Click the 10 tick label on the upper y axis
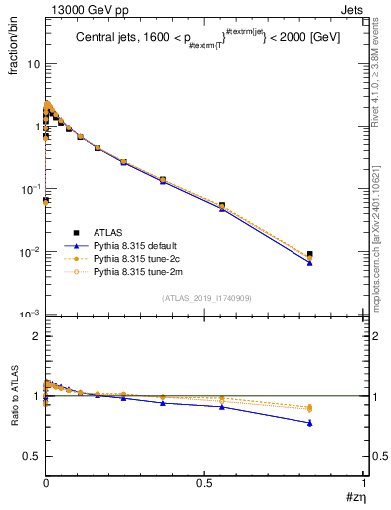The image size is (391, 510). click(x=33, y=64)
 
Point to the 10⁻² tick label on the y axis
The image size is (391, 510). click(x=30, y=252)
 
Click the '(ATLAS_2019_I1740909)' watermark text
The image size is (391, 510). click(x=205, y=298)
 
